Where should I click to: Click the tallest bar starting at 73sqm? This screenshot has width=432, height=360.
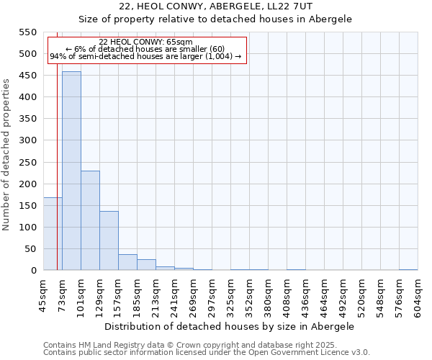point(71,171)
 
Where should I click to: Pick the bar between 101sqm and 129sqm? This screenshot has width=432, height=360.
point(90,220)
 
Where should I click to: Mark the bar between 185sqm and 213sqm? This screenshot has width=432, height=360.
point(146,265)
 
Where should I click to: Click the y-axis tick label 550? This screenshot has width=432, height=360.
point(27,32)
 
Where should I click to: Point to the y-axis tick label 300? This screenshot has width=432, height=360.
point(27,140)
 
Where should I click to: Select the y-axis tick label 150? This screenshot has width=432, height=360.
point(27,205)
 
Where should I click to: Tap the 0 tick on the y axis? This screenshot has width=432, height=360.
point(33,271)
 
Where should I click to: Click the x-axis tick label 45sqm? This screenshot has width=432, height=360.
point(43,295)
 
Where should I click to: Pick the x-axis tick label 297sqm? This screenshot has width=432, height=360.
point(212,295)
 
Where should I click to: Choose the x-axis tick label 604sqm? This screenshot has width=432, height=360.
point(418,295)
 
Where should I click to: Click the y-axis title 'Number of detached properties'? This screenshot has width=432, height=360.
point(6,155)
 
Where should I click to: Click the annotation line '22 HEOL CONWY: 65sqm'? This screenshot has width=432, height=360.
point(146,42)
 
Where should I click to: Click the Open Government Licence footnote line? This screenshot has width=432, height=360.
point(207,352)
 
